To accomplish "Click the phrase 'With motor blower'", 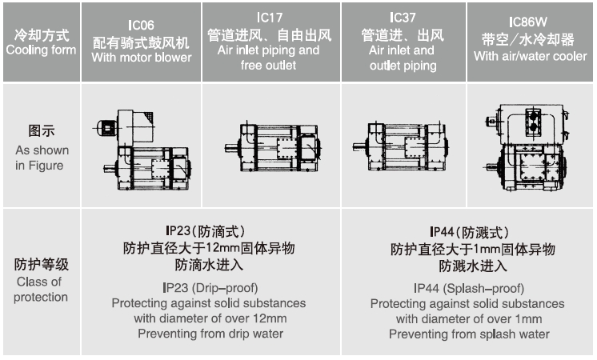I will [142, 58].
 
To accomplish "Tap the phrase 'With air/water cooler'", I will [530, 57].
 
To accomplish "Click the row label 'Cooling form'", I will [41, 50].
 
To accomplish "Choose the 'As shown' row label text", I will [42, 150].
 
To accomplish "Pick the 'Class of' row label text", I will [38, 282].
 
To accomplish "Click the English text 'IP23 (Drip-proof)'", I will [209, 288].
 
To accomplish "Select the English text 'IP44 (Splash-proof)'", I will [468, 288].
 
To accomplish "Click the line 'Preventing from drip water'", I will [209, 334].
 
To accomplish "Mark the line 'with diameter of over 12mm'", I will [209, 318].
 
